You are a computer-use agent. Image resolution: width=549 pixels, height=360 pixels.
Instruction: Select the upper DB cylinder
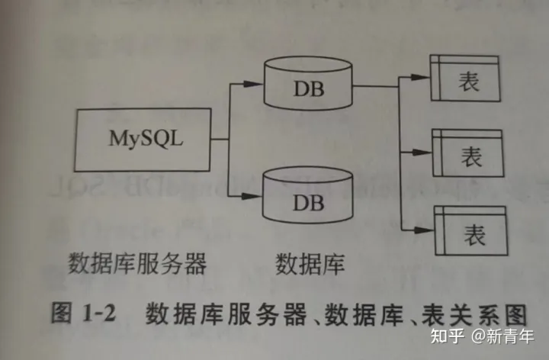[x=308, y=84]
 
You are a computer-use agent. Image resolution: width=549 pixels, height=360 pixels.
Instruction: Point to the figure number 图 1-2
[x=82, y=313]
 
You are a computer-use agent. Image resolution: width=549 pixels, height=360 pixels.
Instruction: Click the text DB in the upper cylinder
[x=309, y=88]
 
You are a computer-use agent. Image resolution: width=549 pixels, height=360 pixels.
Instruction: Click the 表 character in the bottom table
[x=474, y=232]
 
